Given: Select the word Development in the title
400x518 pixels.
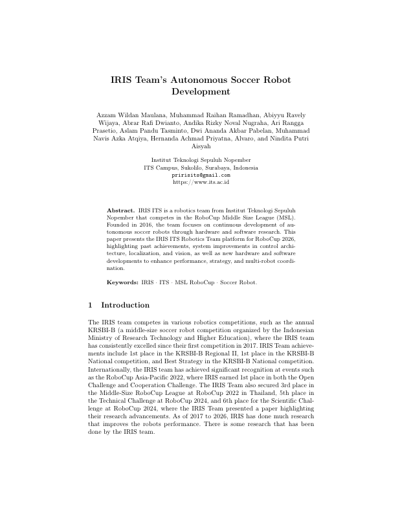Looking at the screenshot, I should [200, 92].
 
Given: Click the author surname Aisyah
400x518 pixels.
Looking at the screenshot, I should [200, 146].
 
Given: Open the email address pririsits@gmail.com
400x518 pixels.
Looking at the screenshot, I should [200, 175].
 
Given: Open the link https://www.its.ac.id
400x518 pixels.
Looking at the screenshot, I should [200, 183].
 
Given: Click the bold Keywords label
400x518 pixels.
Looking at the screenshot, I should [122, 283].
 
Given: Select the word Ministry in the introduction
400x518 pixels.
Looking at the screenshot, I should [102, 337].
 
